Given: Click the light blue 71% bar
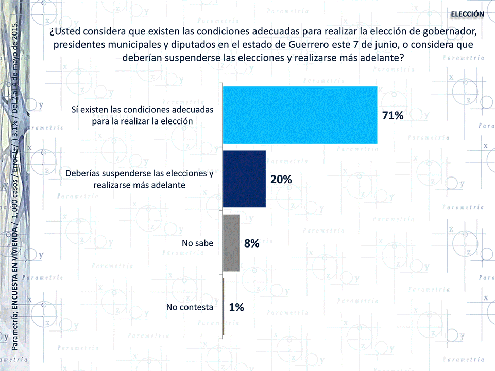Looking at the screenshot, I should tap(300, 115).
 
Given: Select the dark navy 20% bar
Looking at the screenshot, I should tap(244, 179).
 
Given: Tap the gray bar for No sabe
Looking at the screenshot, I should tap(231, 242).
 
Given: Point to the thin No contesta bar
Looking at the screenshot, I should tap(224, 307).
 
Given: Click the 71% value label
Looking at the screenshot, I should tap(392, 116).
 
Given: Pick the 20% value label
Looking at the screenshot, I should tap(281, 180).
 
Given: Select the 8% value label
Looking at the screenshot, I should tap(251, 243).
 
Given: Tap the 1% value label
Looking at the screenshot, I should tap(236, 307).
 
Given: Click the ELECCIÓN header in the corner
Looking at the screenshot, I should tap(467, 14).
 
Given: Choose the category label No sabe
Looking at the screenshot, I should tap(198, 243).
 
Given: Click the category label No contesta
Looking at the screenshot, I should tap(190, 307).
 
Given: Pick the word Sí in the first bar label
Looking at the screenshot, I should tap(75, 110).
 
